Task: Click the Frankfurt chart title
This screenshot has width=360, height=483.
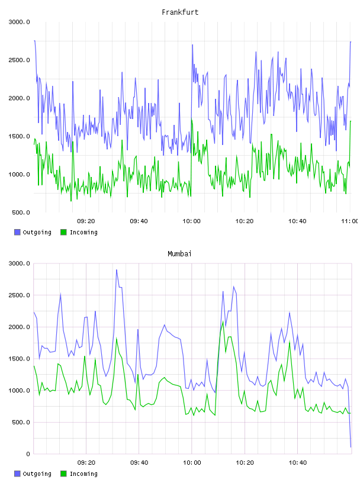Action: click(x=180, y=12)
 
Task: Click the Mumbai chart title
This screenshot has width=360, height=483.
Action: click(x=179, y=254)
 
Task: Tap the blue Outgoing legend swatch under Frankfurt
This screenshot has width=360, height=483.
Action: click(x=17, y=232)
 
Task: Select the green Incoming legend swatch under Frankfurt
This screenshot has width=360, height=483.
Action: click(x=63, y=232)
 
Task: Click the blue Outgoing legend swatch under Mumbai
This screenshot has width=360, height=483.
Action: click(x=17, y=474)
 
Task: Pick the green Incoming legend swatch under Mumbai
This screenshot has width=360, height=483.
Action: click(x=63, y=474)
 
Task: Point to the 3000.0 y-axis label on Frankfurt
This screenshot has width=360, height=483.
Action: click(x=19, y=22)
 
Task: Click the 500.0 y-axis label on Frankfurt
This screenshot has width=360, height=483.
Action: click(x=21, y=212)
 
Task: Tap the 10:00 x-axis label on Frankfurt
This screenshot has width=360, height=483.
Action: click(x=191, y=221)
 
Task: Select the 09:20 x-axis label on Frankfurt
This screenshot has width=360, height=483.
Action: click(x=86, y=221)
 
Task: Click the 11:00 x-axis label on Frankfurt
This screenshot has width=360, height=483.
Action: click(x=349, y=221)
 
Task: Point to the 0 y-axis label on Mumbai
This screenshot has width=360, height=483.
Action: click(x=28, y=454)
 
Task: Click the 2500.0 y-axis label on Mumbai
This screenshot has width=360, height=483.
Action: click(x=19, y=295)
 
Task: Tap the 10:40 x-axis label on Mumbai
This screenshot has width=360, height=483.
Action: click(x=297, y=463)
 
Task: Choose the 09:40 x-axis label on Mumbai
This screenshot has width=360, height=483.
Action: click(x=139, y=463)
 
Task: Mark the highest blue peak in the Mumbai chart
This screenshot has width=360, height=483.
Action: click(x=117, y=270)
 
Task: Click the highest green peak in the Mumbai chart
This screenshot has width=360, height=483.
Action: click(x=223, y=322)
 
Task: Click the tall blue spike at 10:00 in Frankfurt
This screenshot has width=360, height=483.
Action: click(x=192, y=45)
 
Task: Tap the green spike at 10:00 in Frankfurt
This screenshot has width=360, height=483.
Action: click(x=192, y=120)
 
